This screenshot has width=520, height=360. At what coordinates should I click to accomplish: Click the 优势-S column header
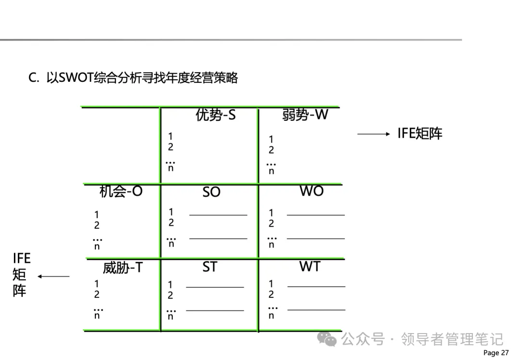point(216,116)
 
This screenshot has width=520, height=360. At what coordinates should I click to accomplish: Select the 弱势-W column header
point(305,115)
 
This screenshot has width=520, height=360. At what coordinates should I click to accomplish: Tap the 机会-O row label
point(121,192)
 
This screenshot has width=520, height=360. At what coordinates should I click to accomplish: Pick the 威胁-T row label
point(122,267)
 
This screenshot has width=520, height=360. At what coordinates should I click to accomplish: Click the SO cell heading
point(211,192)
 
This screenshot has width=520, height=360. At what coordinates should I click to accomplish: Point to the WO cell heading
point(312,191)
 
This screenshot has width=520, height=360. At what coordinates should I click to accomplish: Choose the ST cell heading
point(209,267)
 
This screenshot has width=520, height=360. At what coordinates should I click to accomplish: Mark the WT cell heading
point(310,266)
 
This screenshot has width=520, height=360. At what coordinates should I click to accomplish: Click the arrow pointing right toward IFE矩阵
point(373,134)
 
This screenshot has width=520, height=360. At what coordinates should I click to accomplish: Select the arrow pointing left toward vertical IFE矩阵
point(53,276)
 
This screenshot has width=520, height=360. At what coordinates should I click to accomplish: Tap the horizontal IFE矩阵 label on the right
point(420,133)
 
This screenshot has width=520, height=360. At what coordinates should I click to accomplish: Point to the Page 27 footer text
point(495,353)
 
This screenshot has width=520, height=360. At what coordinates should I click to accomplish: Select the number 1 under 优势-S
point(170,137)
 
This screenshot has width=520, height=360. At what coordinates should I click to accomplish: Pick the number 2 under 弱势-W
point(271,150)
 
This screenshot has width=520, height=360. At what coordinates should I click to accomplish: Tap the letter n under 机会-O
point(97,246)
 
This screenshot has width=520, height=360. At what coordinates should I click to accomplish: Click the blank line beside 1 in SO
point(218,215)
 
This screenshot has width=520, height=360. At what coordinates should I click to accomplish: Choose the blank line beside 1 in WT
point(316,286)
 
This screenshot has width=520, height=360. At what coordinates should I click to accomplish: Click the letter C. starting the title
point(33,78)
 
